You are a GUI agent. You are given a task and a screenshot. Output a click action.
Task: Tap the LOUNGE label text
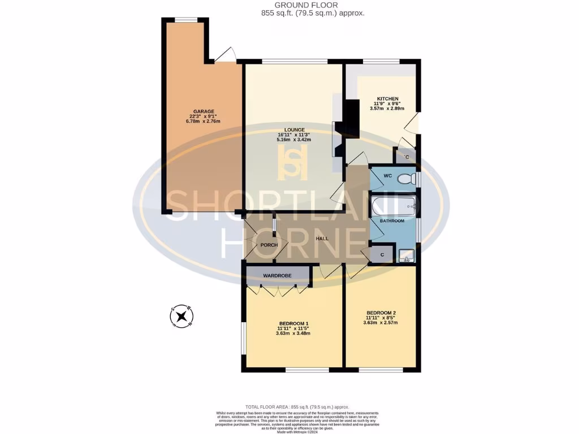click(x=293, y=129)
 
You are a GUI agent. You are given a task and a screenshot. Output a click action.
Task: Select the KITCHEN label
click(x=384, y=98)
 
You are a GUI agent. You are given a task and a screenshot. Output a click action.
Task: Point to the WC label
click(x=387, y=176)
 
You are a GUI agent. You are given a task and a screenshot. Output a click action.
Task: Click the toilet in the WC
click(x=407, y=179)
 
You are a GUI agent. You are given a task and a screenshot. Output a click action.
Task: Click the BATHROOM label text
click(x=392, y=221)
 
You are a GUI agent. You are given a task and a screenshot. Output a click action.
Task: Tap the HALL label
click(x=322, y=238)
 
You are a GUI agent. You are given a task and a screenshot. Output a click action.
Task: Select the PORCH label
click(x=269, y=245)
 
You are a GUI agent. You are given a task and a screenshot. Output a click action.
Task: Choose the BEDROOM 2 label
click(x=381, y=313)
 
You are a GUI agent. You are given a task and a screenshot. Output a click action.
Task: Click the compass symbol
click(x=182, y=316)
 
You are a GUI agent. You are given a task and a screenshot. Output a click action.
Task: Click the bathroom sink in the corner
click(x=407, y=255)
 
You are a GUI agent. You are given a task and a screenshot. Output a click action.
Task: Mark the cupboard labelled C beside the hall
click(x=382, y=255)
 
